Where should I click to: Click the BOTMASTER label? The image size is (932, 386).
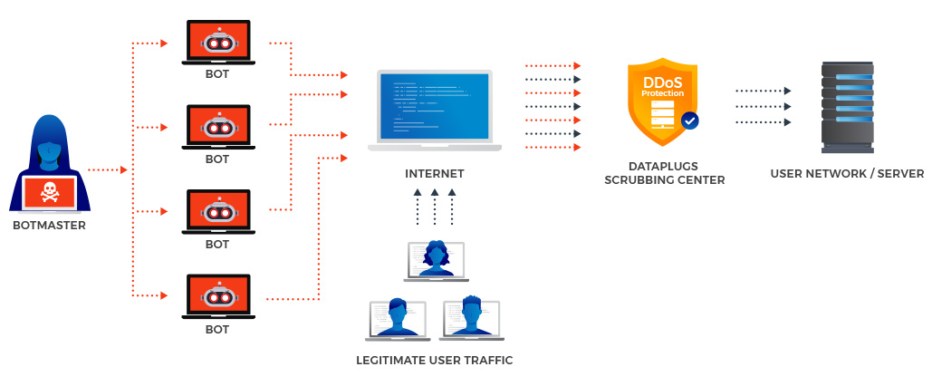point(49,226)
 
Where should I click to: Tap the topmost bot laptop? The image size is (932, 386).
point(217,42)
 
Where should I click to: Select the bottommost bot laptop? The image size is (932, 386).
point(217,295)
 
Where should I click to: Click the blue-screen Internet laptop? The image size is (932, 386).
point(435,109)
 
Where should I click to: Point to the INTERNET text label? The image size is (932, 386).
point(435,174)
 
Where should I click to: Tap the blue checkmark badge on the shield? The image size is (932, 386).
point(690,120)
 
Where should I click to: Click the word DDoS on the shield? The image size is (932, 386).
point(663,82)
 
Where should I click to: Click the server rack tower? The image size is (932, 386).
point(847,106)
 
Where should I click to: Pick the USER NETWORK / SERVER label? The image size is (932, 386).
point(847,174)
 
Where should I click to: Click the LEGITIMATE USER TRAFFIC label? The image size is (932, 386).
point(435,361)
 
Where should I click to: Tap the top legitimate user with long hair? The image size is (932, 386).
point(435,258)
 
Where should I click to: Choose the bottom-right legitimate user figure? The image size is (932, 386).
point(470,317)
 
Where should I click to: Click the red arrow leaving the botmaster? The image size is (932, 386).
point(108,169)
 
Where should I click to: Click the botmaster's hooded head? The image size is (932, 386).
point(49,145)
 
